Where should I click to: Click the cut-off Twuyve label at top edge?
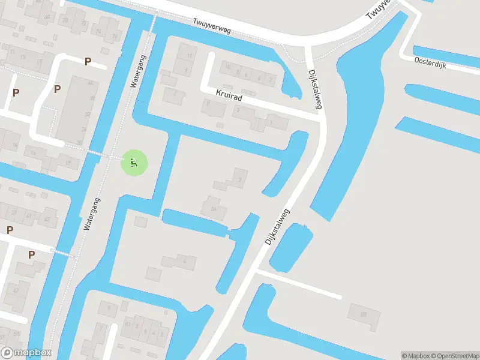tap(379, 9)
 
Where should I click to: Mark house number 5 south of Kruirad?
tap(209, 103)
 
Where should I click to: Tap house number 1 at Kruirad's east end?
tap(270, 123)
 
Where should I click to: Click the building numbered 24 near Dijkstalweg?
tap(214, 209)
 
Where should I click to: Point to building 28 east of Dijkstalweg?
tap(363, 314)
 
